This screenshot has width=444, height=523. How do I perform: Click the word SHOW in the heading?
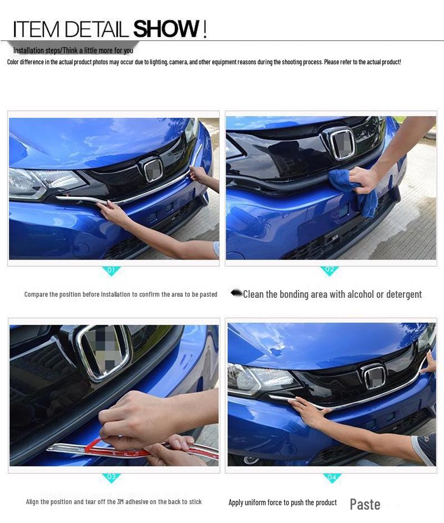(166, 29)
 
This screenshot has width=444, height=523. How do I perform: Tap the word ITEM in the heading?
(34, 29)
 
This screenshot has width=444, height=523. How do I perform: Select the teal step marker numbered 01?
(111, 271)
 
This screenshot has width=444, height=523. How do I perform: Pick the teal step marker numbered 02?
(329, 271)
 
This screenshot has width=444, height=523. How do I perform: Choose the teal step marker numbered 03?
(112, 477)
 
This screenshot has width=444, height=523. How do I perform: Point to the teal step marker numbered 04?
(332, 477)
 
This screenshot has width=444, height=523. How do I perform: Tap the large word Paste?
(365, 504)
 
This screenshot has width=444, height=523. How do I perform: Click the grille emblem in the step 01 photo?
(152, 169)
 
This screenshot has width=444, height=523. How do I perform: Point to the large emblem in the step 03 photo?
(104, 352)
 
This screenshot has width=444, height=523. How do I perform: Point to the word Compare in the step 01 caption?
(36, 294)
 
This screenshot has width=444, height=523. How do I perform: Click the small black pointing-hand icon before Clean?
(236, 293)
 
